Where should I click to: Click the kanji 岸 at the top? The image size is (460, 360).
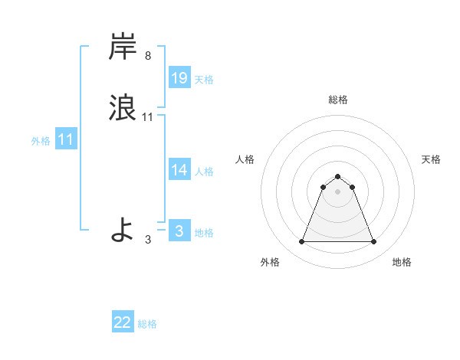[123, 47]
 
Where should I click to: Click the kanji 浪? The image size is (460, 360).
[123, 107]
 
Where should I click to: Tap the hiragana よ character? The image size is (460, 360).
[123, 229]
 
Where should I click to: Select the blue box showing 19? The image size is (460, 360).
[179, 78]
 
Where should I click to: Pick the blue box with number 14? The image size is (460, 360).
[179, 170]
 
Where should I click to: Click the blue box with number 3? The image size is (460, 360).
[179, 231]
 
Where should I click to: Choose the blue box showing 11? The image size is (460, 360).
[66, 140]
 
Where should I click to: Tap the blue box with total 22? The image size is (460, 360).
[123, 322]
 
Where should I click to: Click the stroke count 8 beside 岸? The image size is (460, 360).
[148, 56]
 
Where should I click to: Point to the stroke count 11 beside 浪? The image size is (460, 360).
[148, 117]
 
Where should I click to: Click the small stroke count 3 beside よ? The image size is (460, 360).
[148, 240]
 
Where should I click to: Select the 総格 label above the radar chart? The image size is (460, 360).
[337, 100]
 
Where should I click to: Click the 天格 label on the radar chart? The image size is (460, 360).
[431, 159]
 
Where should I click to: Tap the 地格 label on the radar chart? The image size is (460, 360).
[402, 262]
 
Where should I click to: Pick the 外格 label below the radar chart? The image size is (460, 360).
[270, 262]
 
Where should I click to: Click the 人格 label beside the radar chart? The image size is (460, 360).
[245, 159]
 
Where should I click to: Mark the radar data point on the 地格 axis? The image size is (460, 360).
[373, 242]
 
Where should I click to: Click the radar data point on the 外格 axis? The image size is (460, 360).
[301, 242]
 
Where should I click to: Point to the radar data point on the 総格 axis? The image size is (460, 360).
[337, 177]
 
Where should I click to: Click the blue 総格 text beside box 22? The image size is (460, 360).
[147, 324]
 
